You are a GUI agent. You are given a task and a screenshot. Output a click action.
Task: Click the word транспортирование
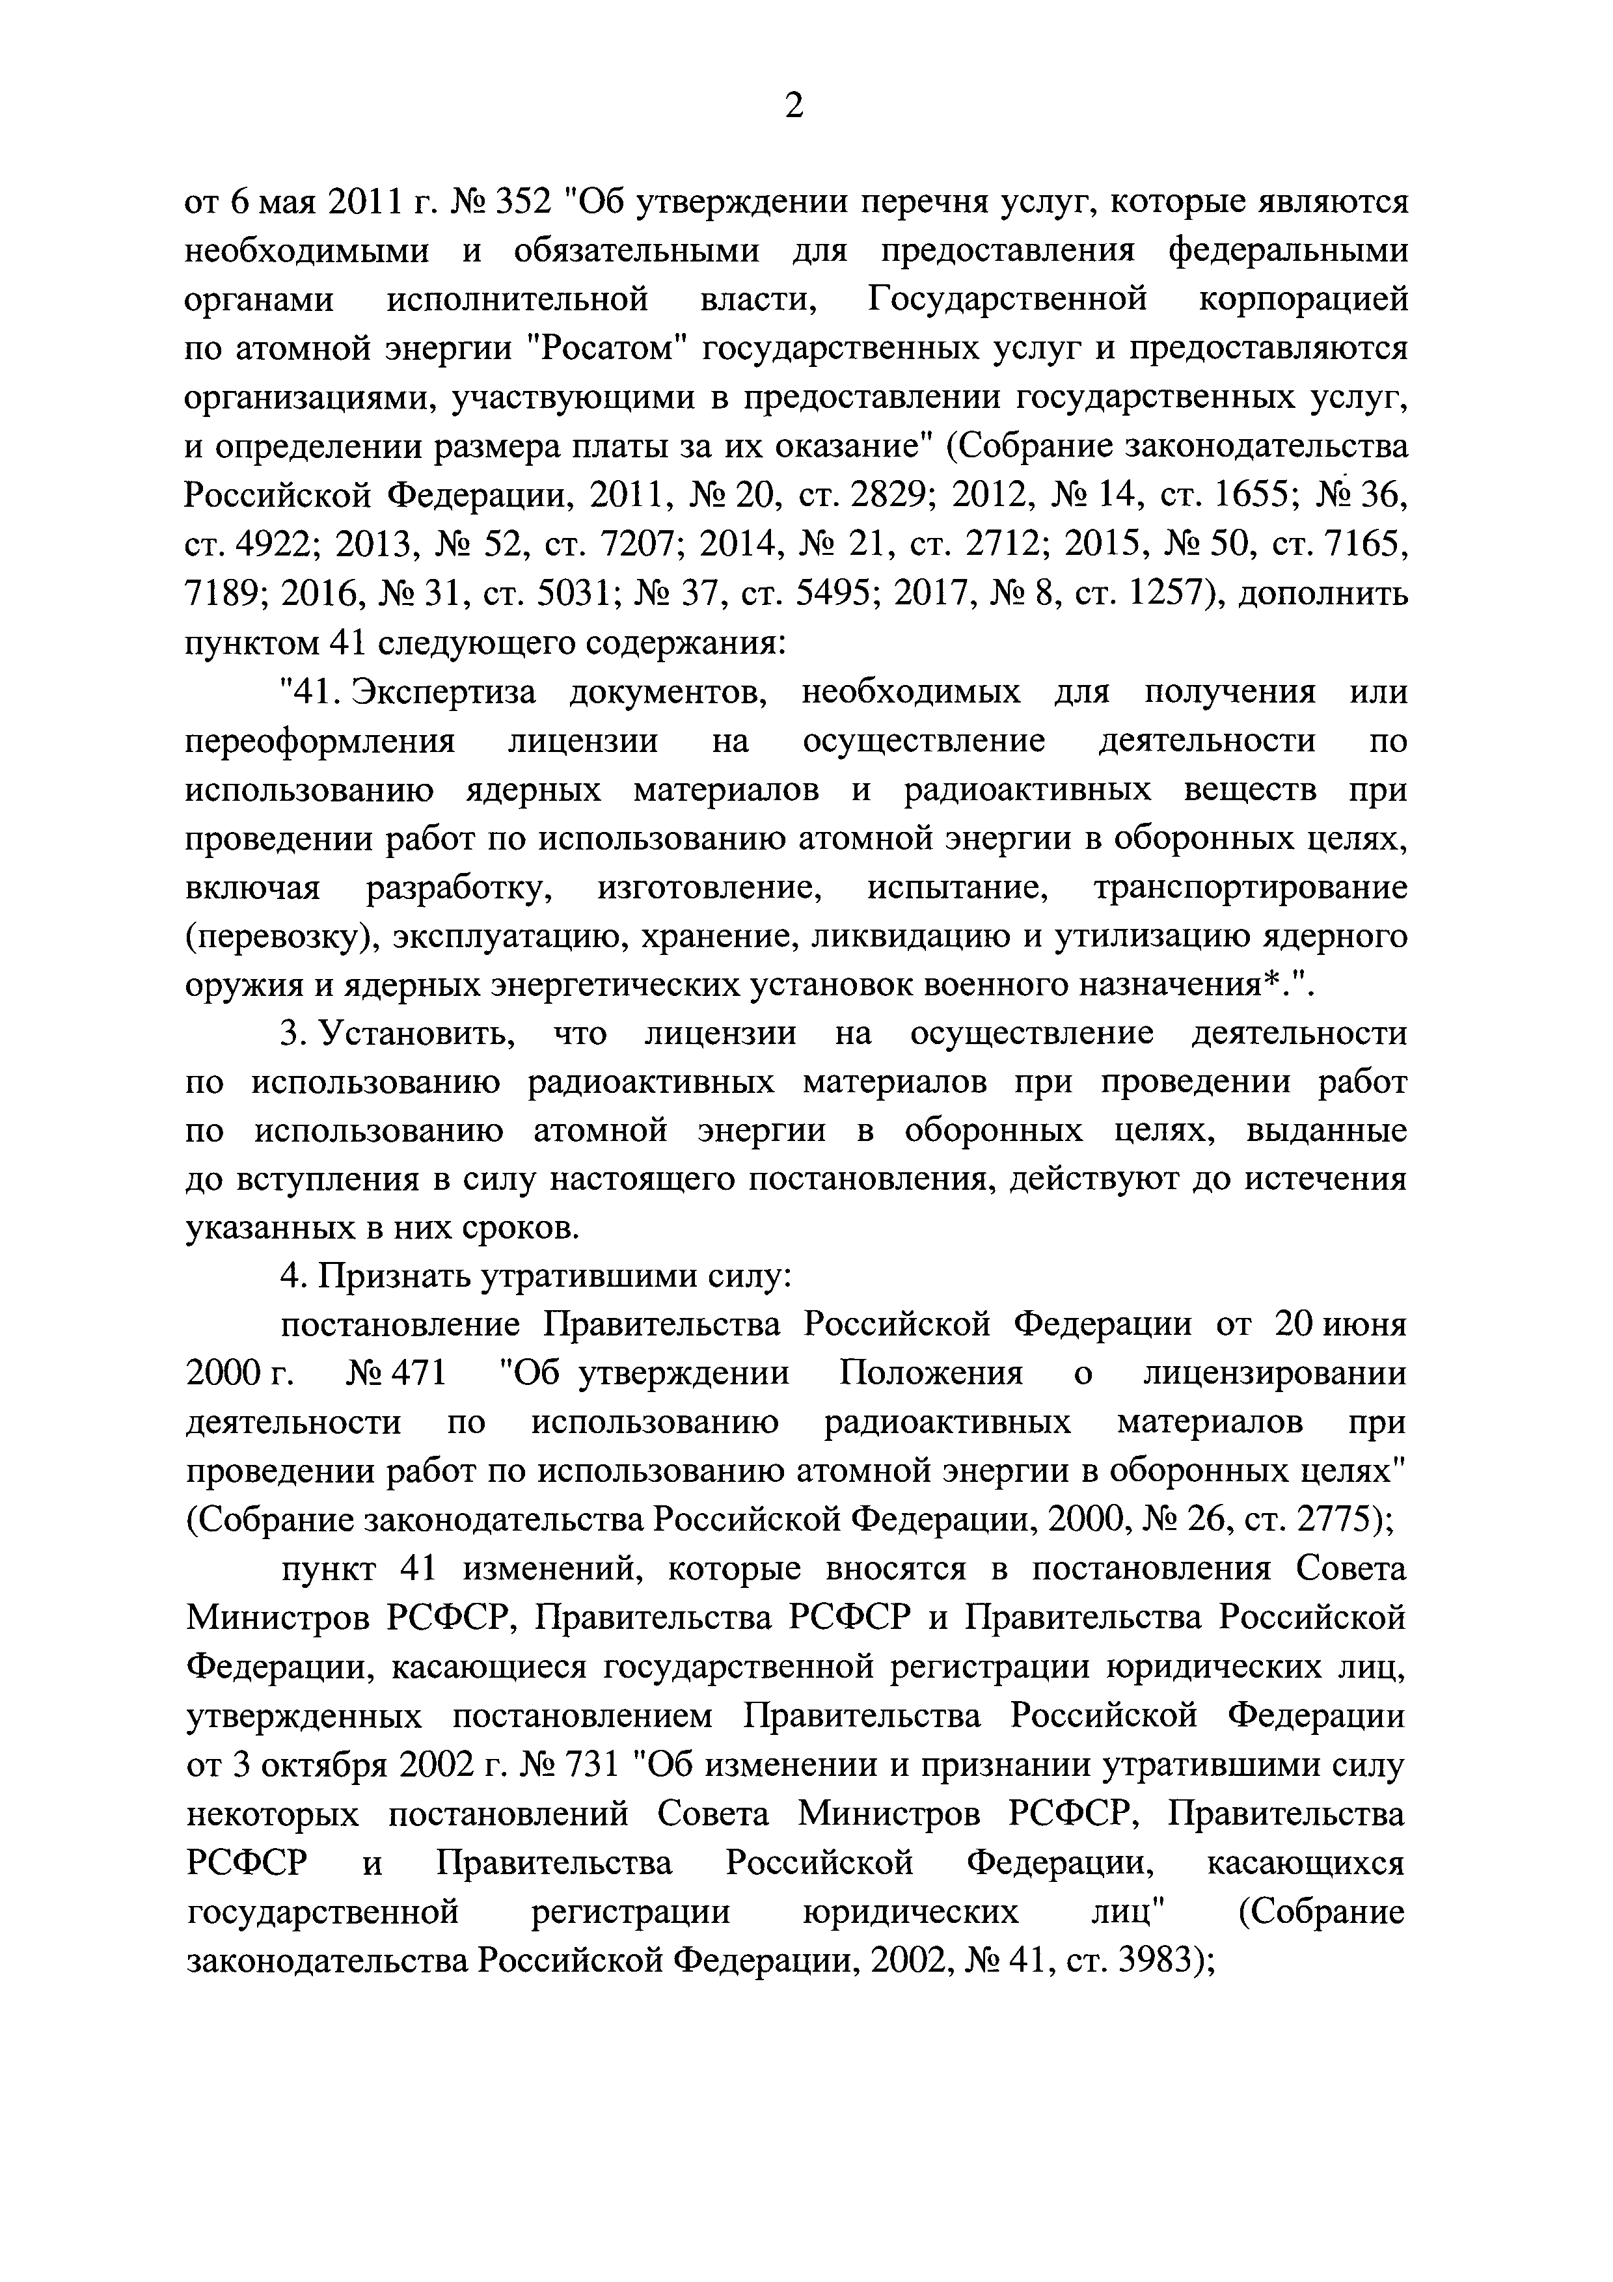click(1250, 887)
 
